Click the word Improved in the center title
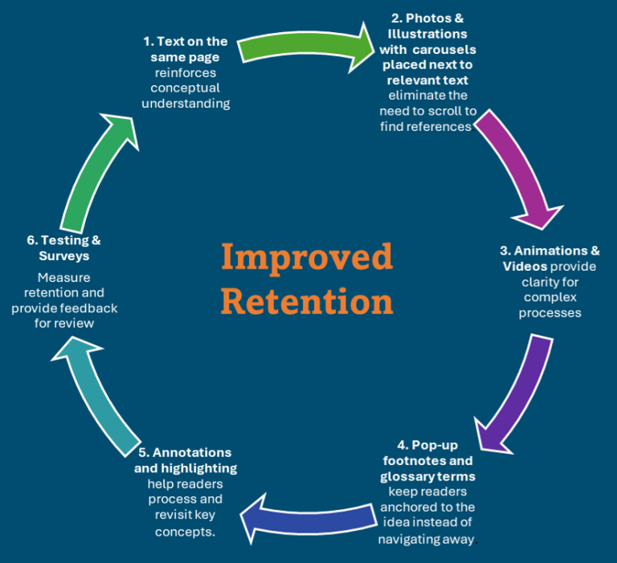307,257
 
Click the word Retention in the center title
307,301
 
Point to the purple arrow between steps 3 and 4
514,394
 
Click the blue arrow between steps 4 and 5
309,517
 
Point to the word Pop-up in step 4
435,445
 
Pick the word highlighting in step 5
197,467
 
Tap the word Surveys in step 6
64,255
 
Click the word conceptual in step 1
186,88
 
